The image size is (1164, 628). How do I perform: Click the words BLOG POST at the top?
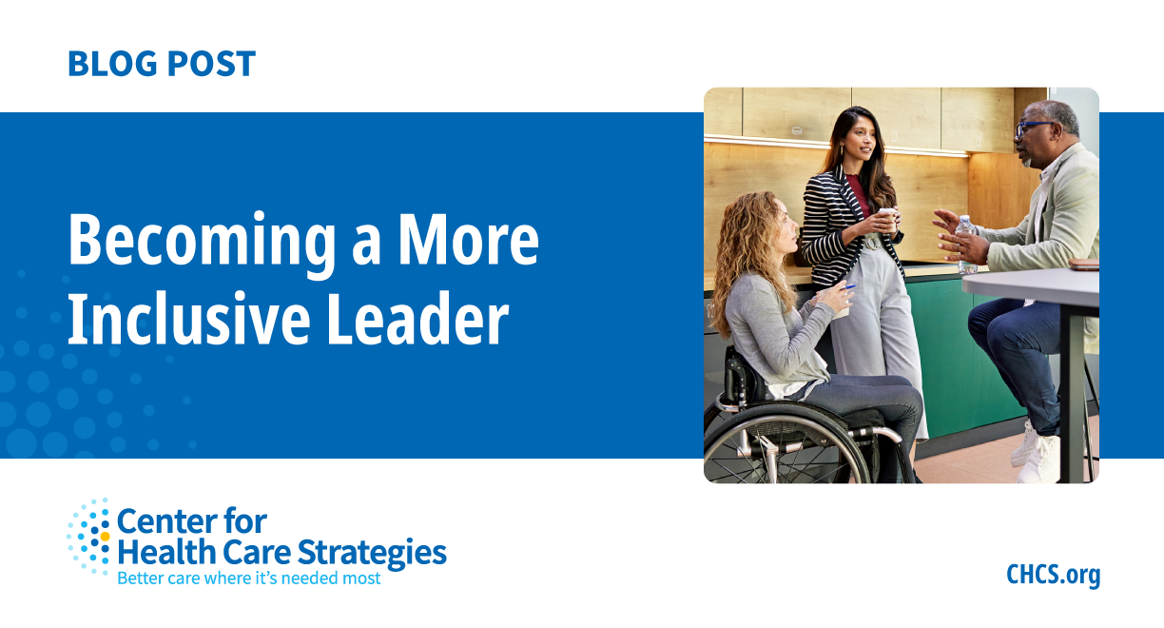click(x=161, y=64)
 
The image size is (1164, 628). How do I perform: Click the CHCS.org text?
click(x=1053, y=575)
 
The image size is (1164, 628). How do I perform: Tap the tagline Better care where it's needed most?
click(x=248, y=578)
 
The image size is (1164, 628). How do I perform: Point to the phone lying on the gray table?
click(x=1082, y=264)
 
